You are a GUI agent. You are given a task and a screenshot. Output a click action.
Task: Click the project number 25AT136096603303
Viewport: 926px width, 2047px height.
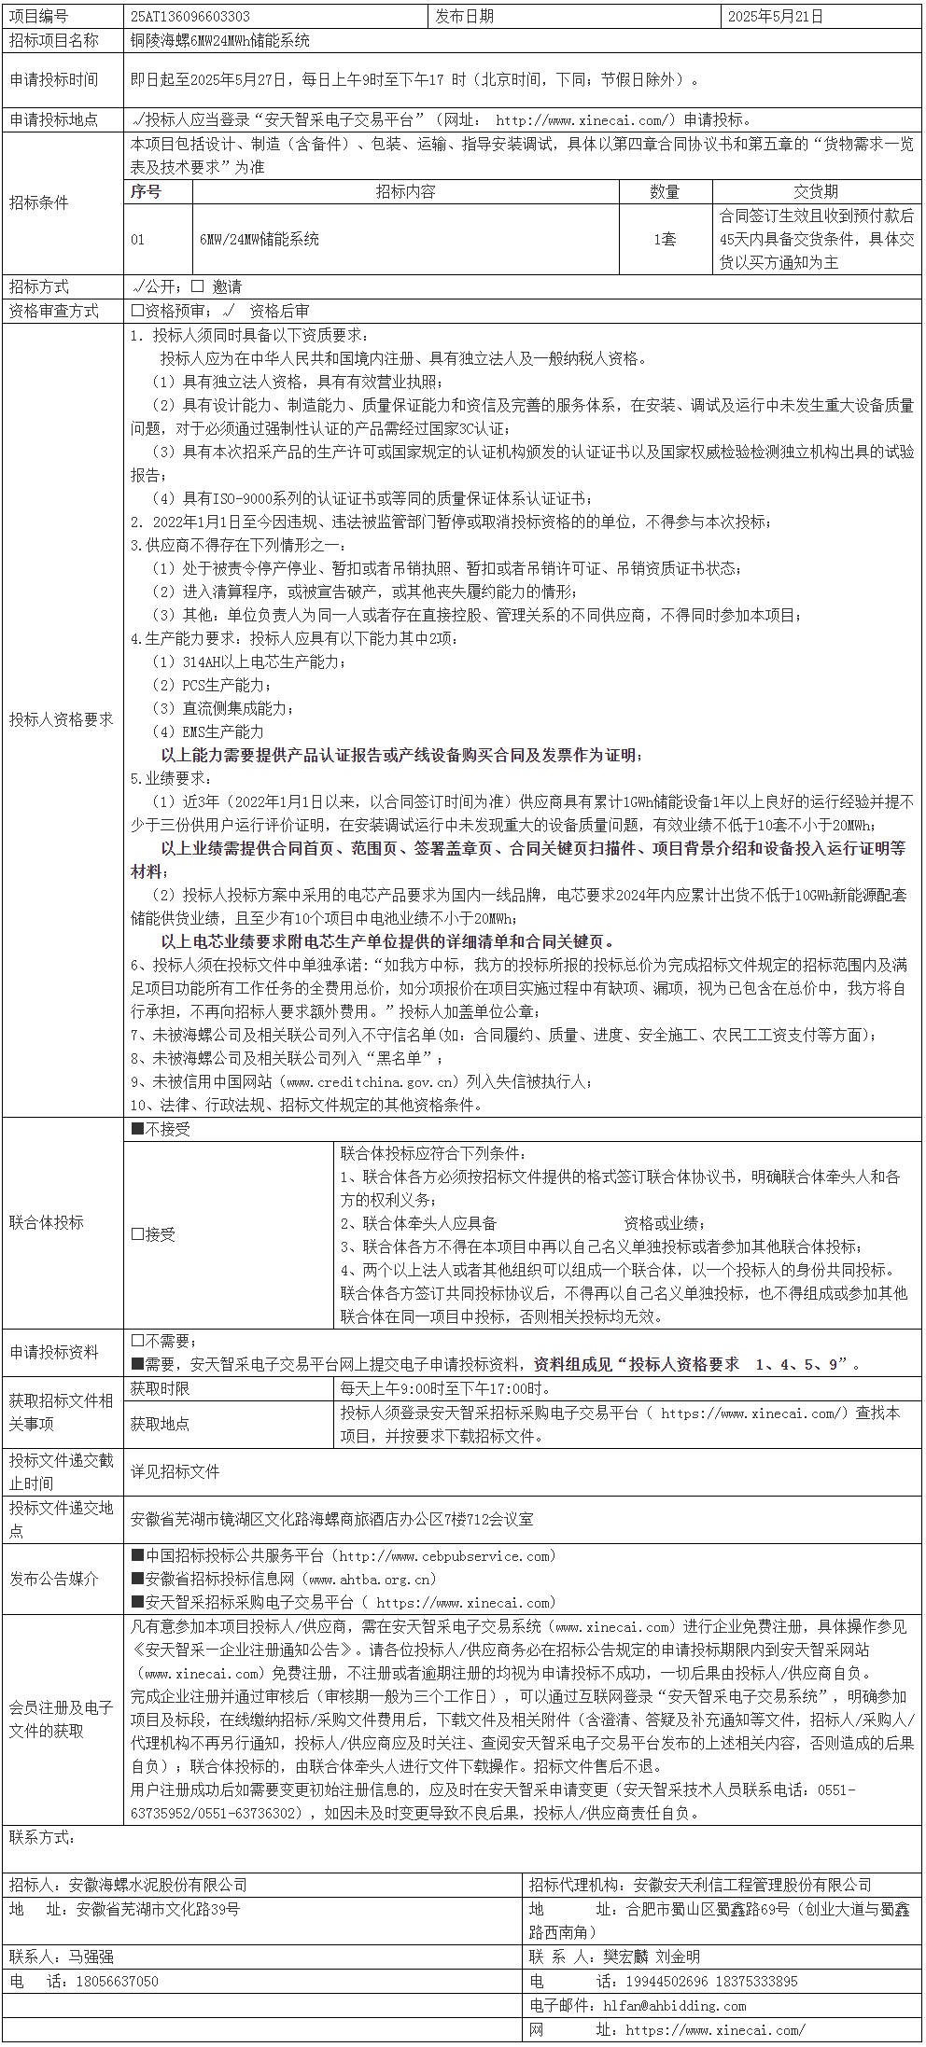pos(190,17)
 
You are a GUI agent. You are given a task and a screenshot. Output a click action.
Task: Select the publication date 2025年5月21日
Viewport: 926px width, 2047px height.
pos(775,17)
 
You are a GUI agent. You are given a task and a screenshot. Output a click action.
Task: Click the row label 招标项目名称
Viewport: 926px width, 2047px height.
pos(53,41)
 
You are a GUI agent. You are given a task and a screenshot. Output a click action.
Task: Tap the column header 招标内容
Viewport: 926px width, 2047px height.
pos(405,192)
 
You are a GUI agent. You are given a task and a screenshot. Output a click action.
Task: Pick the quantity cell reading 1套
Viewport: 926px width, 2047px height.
pos(665,240)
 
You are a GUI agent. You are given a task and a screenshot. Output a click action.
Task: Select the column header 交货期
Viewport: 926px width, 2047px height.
pos(816,192)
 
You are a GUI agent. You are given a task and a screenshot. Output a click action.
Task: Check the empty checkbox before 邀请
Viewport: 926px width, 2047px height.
pos(198,287)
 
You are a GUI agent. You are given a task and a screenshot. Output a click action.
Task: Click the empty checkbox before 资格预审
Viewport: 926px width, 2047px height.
pos(137,312)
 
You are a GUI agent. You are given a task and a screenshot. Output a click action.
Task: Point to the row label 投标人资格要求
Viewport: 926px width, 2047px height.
pos(61,719)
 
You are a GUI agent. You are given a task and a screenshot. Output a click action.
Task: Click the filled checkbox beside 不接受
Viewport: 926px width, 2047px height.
pos(137,1130)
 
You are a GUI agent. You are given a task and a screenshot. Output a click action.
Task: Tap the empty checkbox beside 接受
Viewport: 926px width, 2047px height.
pos(137,1234)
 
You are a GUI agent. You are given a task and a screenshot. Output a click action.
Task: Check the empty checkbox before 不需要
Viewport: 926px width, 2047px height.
pos(137,1341)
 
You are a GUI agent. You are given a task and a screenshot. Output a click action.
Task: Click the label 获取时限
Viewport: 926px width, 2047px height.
pos(160,1388)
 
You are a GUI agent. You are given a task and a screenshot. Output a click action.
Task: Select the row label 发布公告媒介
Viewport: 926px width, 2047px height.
pos(53,1579)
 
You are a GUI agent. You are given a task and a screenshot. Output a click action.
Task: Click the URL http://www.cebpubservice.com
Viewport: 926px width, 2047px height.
pos(445,1556)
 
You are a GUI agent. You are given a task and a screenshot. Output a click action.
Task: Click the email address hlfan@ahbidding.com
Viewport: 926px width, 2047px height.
pos(674,2005)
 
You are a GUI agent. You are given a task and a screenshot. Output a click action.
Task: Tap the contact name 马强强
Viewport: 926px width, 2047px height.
pos(91,1956)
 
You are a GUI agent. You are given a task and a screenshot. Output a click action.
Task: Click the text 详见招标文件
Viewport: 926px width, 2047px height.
pos(175,1471)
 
